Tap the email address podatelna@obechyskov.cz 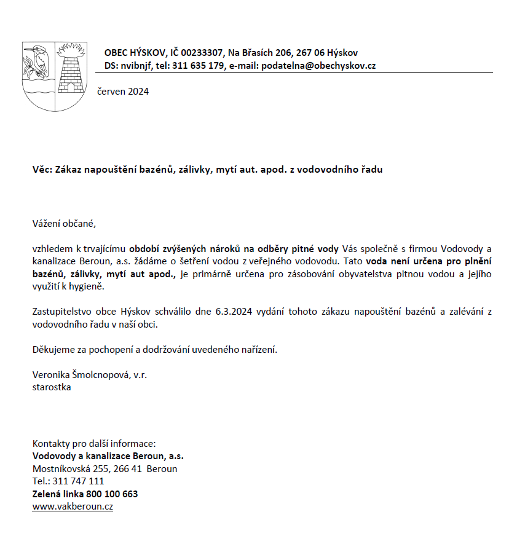pyautogui.click(x=318, y=65)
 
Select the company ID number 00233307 pyautogui.click(x=202, y=53)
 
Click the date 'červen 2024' pyautogui.click(x=123, y=92)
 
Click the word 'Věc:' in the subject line pyautogui.click(x=42, y=169)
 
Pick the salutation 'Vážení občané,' pyautogui.click(x=65, y=223)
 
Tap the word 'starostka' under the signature pyautogui.click(x=52, y=387)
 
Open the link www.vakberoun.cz pyautogui.click(x=73, y=506)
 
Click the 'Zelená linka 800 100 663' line pyautogui.click(x=85, y=494)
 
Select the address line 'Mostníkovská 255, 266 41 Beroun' pyautogui.click(x=105, y=468)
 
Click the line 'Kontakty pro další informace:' pyautogui.click(x=94, y=443)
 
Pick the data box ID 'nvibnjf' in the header pyautogui.click(x=136, y=65)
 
